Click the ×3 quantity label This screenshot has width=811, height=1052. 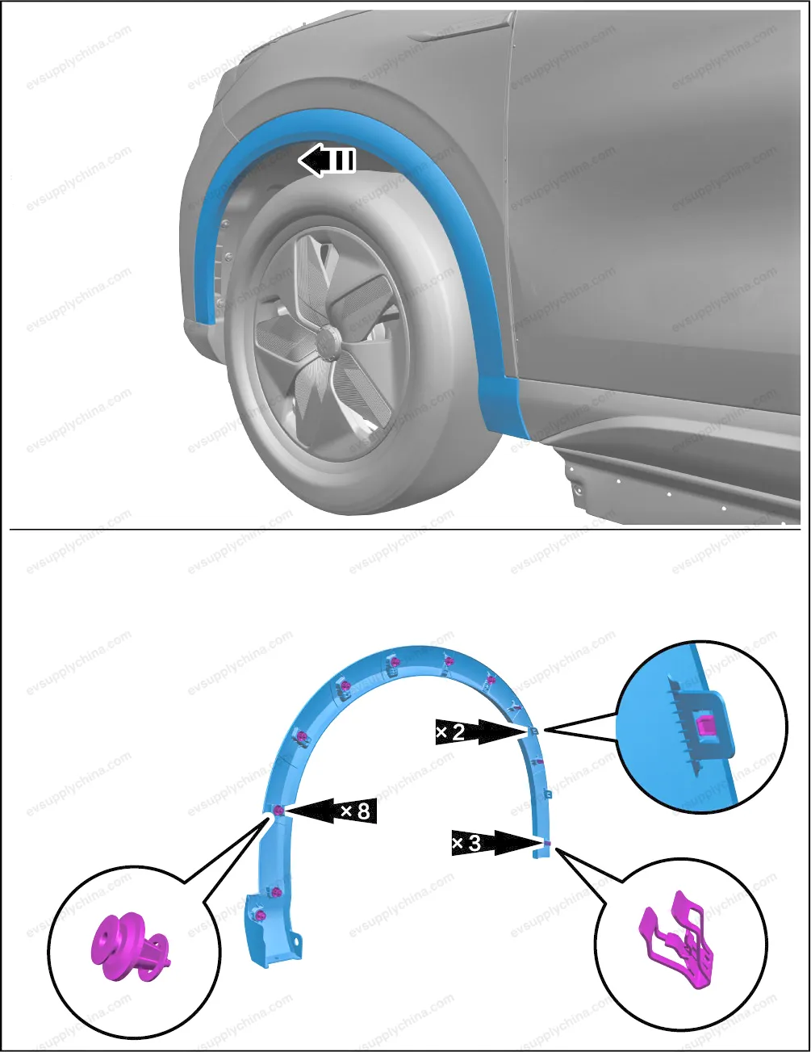click(466, 844)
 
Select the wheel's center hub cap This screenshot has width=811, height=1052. click(328, 337)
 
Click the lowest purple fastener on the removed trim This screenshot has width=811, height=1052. click(261, 915)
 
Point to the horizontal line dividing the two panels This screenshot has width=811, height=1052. click(405, 530)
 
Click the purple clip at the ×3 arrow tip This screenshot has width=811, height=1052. click(547, 844)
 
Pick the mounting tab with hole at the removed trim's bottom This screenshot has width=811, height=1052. click(295, 939)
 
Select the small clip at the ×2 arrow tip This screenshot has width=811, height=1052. click(533, 731)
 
